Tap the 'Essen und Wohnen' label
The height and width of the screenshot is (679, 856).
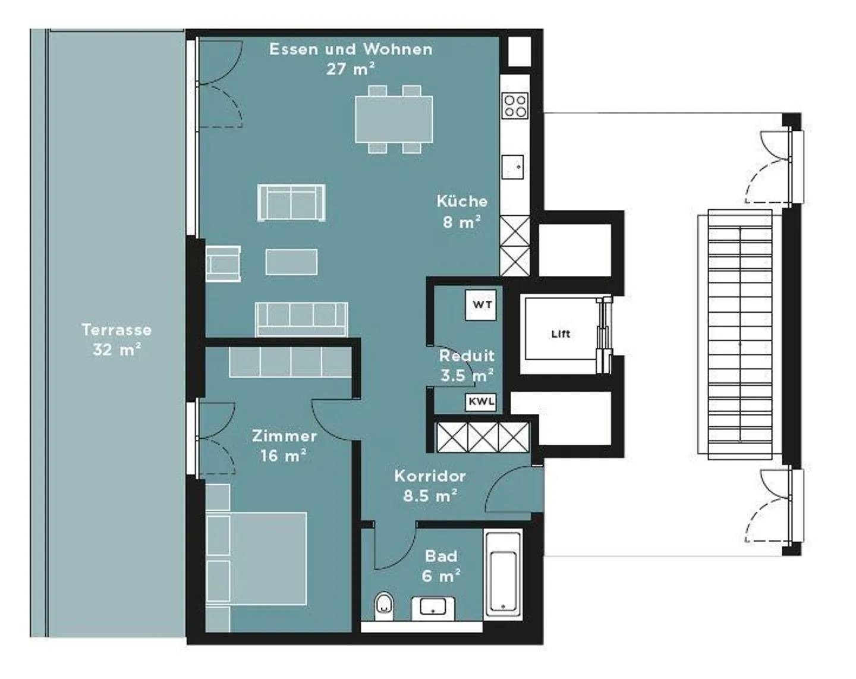coord(351,49)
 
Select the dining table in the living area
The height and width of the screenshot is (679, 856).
coord(394,120)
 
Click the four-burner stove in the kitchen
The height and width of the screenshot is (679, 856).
coord(515,106)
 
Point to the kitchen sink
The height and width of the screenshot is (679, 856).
coord(512,166)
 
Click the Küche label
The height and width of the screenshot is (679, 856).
coord(462,202)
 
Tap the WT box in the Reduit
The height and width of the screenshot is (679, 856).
coord(481,305)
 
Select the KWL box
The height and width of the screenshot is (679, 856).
coord(480,402)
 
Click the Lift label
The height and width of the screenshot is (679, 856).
coord(560,334)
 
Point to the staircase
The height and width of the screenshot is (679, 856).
coord(739,335)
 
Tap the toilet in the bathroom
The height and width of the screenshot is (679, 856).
coord(385,603)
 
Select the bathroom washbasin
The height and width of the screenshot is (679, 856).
coord(433,607)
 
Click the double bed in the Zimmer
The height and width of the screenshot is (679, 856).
coord(257,558)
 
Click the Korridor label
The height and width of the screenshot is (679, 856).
coord(430,476)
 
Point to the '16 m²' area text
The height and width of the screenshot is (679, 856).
coord(283,456)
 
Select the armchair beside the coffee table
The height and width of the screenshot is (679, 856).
coord(224,263)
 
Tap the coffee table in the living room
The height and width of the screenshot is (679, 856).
coord(291,262)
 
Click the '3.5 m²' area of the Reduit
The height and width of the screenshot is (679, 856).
coord(467,376)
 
